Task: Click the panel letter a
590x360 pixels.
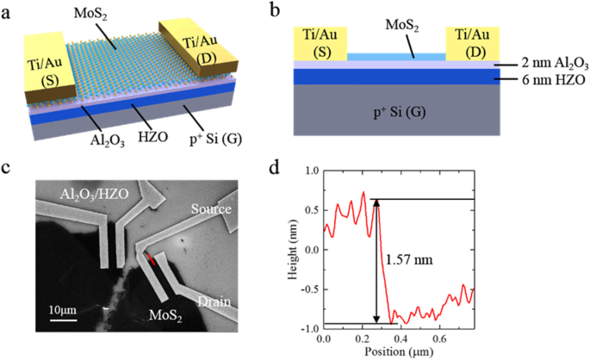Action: click(x=7, y=11)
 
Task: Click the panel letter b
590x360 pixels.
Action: click(x=299, y=11)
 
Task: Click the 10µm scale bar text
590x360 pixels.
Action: click(x=62, y=309)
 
